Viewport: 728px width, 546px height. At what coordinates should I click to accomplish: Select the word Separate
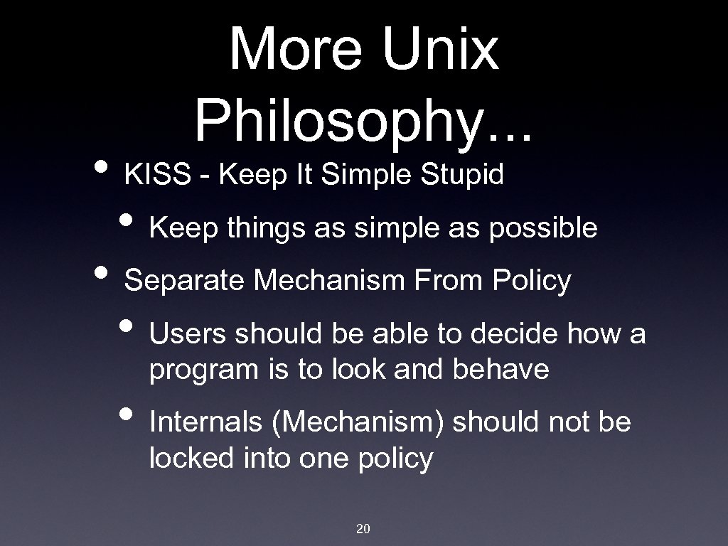(x=186, y=281)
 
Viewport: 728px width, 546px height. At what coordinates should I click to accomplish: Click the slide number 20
(x=363, y=528)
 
